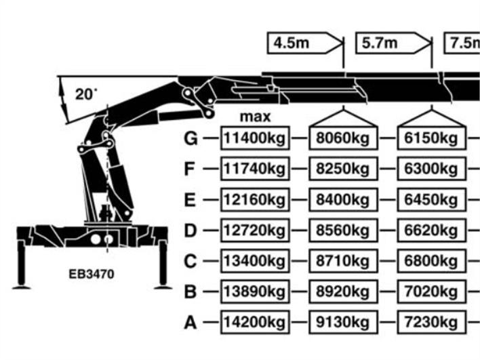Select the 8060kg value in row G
coord(342,138)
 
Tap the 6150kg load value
coord(431,138)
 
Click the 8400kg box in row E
coord(342,200)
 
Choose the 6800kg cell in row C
coord(431,261)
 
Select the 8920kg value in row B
coord(342,292)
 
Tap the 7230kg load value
coord(431,321)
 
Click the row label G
coord(191,138)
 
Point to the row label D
coord(191,231)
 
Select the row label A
coord(191,322)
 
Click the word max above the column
coord(255,117)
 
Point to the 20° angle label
coord(86,95)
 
